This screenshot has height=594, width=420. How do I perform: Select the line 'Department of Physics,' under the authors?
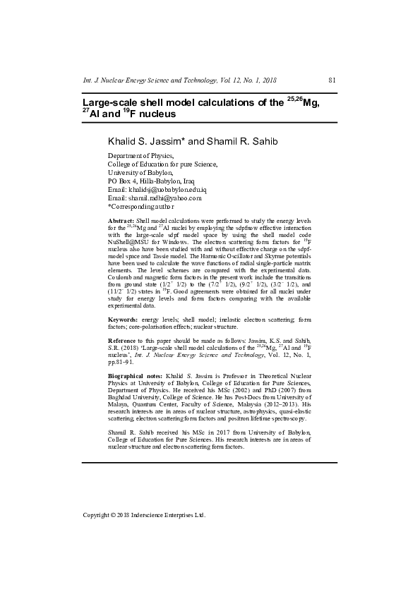[140, 156]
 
